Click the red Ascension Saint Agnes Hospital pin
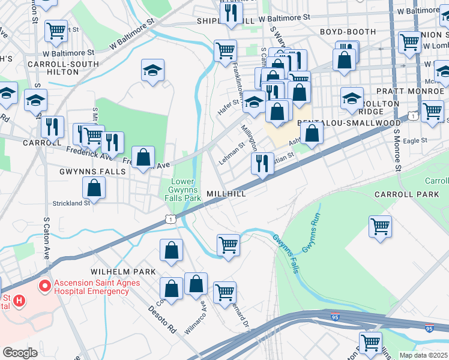(x=44, y=286)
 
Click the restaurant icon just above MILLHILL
(x=262, y=163)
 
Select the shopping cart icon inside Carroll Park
(x=380, y=227)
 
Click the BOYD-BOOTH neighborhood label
(x=343, y=32)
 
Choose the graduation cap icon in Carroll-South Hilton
(x=152, y=70)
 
